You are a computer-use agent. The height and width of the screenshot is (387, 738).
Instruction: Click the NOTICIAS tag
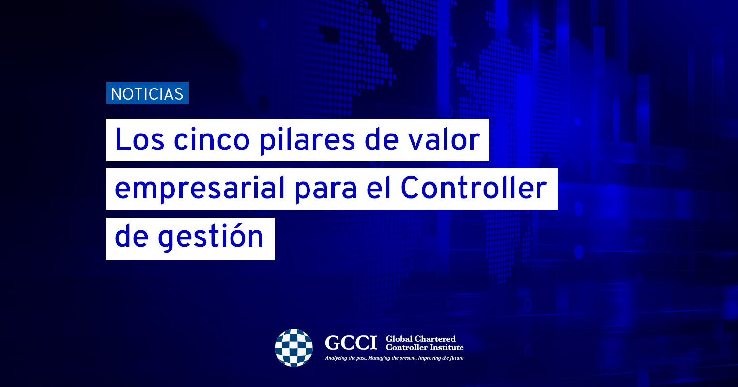coord(147,93)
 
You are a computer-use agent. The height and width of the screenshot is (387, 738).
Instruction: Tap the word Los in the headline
coord(139,139)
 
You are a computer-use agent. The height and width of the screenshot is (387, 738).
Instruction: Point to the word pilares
coord(307,141)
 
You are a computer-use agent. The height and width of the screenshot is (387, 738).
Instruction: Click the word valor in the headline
coord(443,139)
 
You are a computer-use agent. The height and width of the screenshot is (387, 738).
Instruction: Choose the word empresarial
coord(200,189)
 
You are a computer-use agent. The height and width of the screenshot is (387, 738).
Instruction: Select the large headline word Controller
coord(474,188)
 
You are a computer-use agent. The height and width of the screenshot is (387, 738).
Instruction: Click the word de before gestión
coord(131,236)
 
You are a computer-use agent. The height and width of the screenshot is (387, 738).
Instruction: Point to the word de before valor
coord(381,139)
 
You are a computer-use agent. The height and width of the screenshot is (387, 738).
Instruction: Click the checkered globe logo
coord(294,348)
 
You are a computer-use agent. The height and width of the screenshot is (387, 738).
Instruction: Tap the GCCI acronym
coord(351,343)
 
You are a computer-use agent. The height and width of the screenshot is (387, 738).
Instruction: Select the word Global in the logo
coord(399,339)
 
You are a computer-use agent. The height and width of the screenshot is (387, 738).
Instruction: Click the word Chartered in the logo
coord(435,339)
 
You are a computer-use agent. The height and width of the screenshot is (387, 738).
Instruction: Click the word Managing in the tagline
coord(379,358)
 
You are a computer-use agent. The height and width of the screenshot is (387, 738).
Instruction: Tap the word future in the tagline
coord(457,358)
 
